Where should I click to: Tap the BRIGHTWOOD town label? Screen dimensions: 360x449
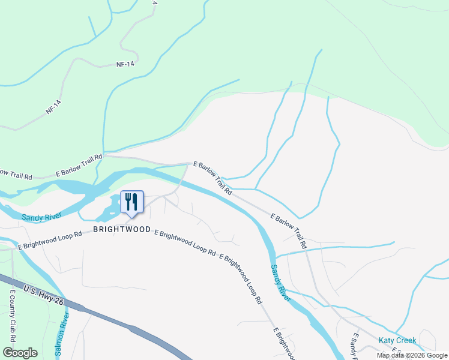point(122,230)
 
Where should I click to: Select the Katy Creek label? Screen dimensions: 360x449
point(397,340)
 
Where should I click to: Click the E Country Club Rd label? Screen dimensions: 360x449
point(13,313)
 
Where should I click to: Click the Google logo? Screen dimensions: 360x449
point(20,352)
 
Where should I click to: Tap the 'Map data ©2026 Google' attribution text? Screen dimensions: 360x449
point(412,355)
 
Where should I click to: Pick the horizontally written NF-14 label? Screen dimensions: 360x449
point(125,64)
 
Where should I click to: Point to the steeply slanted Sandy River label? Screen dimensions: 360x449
point(280,283)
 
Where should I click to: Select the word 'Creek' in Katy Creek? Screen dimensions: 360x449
point(405,340)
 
